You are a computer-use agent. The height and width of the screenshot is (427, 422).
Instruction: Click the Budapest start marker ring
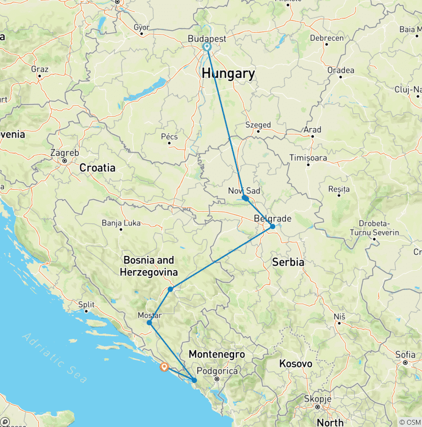pyautogui.click(x=207, y=47)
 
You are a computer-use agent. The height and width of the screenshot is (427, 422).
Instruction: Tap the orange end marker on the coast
pyautogui.click(x=164, y=367)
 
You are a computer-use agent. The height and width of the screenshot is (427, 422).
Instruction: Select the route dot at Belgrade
pyautogui.click(x=273, y=226)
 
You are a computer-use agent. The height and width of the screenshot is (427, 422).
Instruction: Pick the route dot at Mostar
pyautogui.click(x=149, y=322)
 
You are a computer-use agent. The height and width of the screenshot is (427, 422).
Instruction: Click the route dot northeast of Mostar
pyautogui.click(x=170, y=289)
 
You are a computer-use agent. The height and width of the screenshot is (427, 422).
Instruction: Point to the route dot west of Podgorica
pyautogui.click(x=194, y=380)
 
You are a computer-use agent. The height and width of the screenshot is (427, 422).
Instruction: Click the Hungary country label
pyautogui.click(x=228, y=74)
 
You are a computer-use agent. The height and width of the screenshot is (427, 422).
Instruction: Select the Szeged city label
pyautogui.click(x=258, y=125)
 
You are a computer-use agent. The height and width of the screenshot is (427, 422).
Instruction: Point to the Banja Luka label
pyautogui.click(x=121, y=223)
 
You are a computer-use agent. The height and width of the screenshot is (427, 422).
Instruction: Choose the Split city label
pyautogui.click(x=86, y=304)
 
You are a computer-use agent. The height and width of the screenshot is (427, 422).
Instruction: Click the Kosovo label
pyautogui.click(x=295, y=364)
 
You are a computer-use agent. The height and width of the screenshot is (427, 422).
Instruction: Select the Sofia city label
pyautogui.click(x=405, y=354)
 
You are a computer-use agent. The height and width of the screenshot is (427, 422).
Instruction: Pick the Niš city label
pyautogui.click(x=339, y=317)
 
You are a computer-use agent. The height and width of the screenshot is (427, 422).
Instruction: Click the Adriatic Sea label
pyautogui.click(x=55, y=358)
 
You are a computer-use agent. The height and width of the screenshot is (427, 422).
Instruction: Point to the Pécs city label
pyautogui.click(x=169, y=136)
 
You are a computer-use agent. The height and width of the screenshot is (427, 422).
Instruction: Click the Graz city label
pyautogui.click(x=40, y=69)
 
